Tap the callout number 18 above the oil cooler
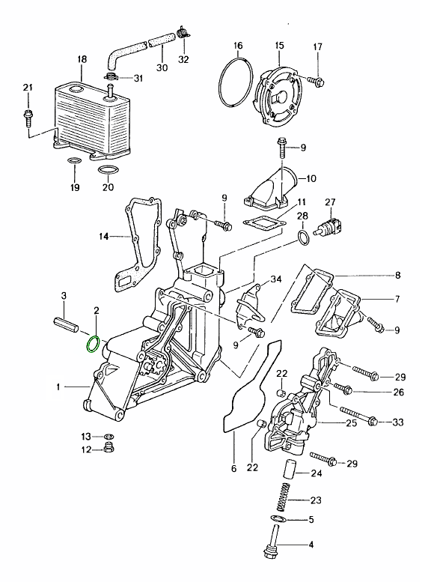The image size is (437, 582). (x=82, y=59)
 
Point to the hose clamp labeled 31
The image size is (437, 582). (x=111, y=77)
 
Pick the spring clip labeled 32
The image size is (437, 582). (x=183, y=32)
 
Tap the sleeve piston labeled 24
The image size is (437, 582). (x=289, y=469)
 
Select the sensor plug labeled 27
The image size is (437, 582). (x=329, y=225)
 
